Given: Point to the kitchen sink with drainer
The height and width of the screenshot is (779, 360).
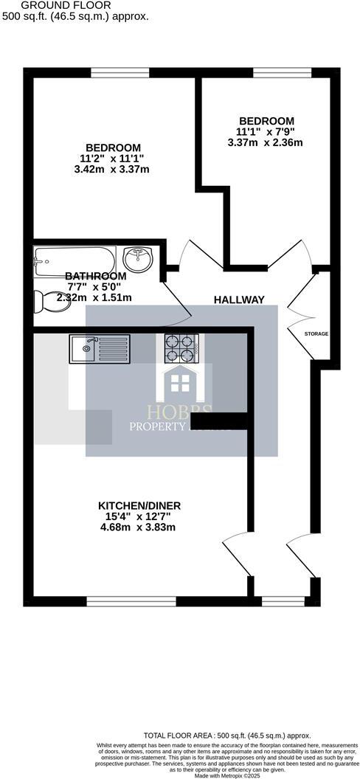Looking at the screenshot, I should [100, 347].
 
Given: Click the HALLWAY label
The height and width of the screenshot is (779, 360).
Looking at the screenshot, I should [239, 300].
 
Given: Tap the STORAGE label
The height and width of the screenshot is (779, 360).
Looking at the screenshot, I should [316, 333].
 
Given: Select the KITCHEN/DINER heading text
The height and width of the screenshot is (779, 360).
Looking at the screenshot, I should [139, 505].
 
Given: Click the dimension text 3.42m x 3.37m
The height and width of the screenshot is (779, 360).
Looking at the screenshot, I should [112, 170].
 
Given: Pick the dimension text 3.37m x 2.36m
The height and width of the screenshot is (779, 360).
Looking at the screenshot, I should [266, 143].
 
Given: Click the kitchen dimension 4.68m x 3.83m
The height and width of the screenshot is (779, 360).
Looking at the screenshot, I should [139, 527].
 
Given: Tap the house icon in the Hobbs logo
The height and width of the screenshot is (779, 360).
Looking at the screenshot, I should [178, 384].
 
